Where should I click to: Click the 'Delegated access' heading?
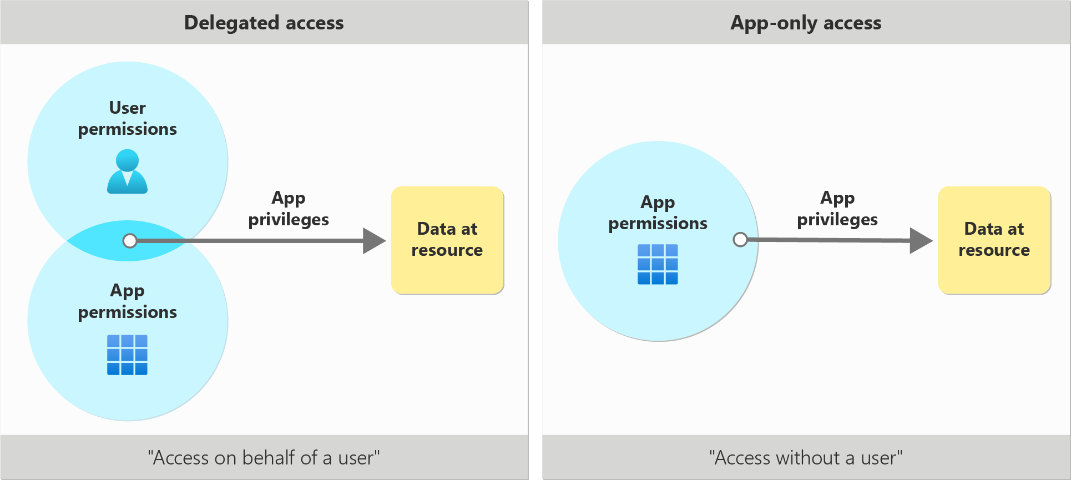coord(264,23)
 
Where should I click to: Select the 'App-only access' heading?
coord(805,23)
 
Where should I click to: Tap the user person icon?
coord(127,171)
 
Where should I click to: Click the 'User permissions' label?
coord(127,118)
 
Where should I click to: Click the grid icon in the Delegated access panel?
coord(127,355)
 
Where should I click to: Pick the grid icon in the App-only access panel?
coord(658,264)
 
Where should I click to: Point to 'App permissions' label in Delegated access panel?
coord(127,301)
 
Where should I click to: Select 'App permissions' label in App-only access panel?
coord(658,213)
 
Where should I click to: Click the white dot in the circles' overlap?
coord(130,241)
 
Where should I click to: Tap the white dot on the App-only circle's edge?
coord(740,240)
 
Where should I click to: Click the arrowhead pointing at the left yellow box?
coord(373,241)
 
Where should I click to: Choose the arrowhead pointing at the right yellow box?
coord(921,240)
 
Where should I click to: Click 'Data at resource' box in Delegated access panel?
coord(447,240)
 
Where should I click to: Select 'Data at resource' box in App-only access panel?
coord(994,240)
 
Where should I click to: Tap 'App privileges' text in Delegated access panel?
coord(289,209)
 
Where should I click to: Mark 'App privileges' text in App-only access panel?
coord(837,209)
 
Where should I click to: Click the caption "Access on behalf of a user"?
coord(264,458)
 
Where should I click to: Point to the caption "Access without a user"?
coord(805,458)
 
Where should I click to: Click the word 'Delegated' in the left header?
coord(231,23)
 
